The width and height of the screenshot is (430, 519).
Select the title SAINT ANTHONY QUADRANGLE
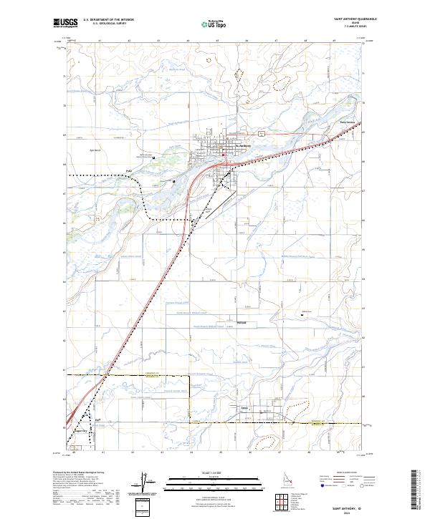pos(356,19)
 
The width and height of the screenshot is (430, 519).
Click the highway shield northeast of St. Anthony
pos(262,133)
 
